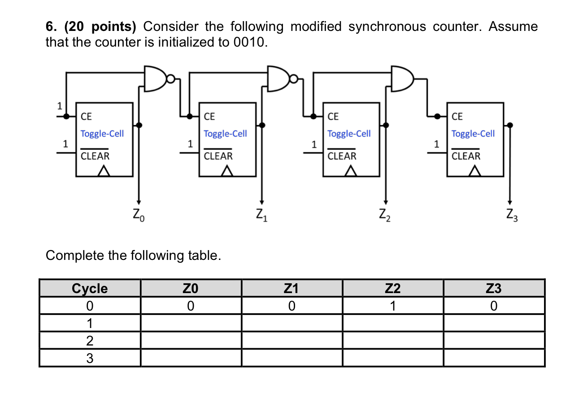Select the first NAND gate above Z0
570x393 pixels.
pos(156,79)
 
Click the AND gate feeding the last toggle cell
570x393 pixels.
pos(402,79)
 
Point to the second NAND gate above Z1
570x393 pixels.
pos(279,79)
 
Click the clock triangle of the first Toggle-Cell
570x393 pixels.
pos(104,171)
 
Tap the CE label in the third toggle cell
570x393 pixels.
pos(334,117)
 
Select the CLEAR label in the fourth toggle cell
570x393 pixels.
pos(466,156)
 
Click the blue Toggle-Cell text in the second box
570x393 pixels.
pos(225,134)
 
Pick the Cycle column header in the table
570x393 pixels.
pos(90,289)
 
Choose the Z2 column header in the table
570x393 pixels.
pos(392,289)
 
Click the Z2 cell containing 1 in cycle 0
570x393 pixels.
pos(392,307)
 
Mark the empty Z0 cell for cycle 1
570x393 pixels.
pos(191,323)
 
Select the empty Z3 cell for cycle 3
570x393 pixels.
pos(494,358)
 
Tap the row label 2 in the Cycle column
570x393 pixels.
pos(90,341)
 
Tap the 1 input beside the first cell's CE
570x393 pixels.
pos(58,106)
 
